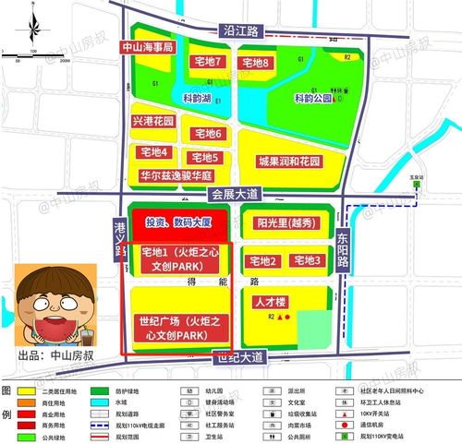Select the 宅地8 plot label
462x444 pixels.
point(254,62)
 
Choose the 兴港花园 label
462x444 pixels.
point(154,121)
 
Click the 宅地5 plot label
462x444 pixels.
point(204,158)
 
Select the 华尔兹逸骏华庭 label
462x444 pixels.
point(176,174)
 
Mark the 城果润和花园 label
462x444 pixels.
point(289,162)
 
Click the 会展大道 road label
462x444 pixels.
point(236,194)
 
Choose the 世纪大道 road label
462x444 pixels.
point(238,356)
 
